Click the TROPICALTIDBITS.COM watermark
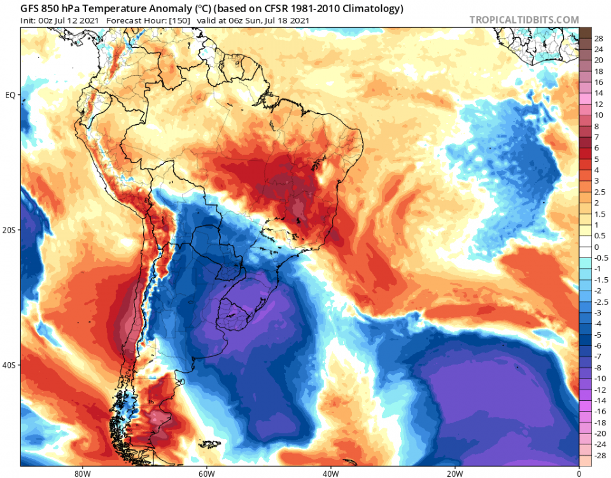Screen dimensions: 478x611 tap(524, 20)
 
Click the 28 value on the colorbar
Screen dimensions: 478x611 tap(599, 38)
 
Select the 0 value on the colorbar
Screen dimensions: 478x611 tap(596, 247)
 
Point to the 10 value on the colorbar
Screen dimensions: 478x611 tap(599, 115)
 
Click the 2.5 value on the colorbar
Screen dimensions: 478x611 tap(599, 192)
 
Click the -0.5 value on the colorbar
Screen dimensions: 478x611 tap(600, 257)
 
